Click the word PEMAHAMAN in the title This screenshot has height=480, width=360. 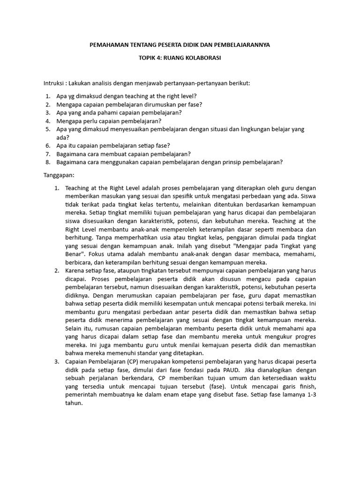(107, 45)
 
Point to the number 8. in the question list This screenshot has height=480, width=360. (48, 162)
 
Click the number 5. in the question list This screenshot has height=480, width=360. (48, 129)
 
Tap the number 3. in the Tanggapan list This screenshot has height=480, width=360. (57, 361)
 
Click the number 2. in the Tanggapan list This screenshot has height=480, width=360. (57, 270)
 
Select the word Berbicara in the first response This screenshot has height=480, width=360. (79, 262)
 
